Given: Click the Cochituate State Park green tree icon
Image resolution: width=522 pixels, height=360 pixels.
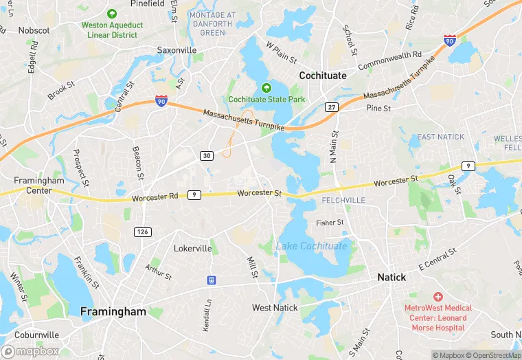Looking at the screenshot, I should [266, 88].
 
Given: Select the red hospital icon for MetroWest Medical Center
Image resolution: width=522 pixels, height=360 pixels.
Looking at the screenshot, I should [438, 296].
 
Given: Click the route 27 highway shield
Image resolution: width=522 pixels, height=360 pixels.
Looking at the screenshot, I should [332, 107].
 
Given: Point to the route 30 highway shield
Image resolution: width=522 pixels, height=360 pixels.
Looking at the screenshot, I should [207, 156].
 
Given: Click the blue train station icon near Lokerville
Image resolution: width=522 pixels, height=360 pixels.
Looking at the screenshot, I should [212, 280].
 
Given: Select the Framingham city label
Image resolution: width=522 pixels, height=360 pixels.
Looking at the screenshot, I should [113, 311].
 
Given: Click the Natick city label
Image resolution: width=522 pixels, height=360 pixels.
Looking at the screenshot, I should [391, 278].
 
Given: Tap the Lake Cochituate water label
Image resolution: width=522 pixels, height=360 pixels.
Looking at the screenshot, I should [312, 246].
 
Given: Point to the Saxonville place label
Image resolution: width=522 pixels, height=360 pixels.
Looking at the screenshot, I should [177, 50].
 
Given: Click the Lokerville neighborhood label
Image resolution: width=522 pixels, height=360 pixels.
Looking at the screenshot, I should [192, 248].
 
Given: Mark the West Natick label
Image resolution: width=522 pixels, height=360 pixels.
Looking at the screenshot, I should [275, 307].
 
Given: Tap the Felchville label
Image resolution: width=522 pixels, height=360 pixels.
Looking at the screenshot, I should [343, 200].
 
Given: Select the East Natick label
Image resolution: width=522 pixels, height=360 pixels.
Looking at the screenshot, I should [441, 137].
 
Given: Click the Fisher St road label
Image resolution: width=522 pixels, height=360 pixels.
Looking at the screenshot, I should [330, 223].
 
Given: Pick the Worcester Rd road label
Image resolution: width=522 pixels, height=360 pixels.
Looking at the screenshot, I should [155, 196].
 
